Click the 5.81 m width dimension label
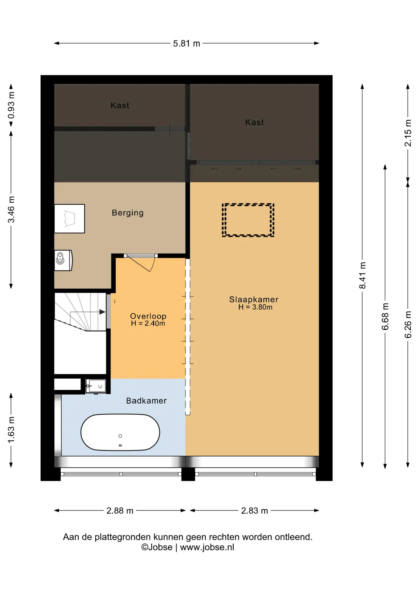186,43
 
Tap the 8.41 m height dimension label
363,275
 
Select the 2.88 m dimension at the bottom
120,511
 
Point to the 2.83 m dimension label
254,511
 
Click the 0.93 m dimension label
11,105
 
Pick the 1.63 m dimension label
11,430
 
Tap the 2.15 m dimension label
408,133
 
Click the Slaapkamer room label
254,299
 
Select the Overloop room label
148,316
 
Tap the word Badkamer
146,401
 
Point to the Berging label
127,213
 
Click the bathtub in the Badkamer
120,432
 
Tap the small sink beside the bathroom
96,386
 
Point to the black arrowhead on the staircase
102,312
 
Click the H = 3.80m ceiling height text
255,307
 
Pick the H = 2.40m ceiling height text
148,323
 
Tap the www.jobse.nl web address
207,547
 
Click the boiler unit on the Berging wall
63,260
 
